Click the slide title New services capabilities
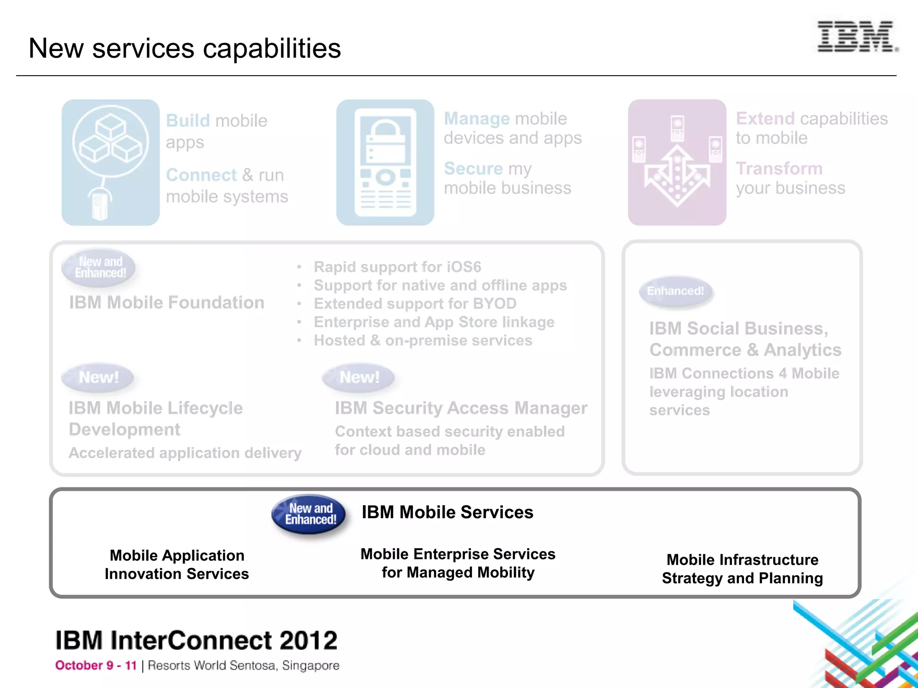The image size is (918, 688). click(185, 48)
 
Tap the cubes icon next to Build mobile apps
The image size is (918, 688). click(111, 162)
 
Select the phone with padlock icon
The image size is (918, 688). click(385, 162)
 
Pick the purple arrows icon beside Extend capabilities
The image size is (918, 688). click(677, 162)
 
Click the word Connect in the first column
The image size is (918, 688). click(201, 175)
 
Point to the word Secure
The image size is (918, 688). click(473, 169)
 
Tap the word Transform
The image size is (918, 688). click(779, 169)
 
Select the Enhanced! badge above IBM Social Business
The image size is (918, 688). click(675, 291)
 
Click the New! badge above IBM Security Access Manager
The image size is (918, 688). click(359, 377)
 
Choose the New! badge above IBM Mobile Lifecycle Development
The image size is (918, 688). click(98, 377)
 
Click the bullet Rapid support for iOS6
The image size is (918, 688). click(397, 267)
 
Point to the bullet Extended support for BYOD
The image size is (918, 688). click(415, 304)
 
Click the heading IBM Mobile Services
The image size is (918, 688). click(447, 512)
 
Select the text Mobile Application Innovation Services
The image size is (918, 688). click(177, 564)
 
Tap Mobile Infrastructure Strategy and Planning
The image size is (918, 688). click(742, 569)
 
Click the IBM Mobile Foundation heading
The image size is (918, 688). click(166, 303)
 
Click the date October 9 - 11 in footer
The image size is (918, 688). click(95, 666)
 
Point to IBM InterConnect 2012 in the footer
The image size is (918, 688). click(196, 641)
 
